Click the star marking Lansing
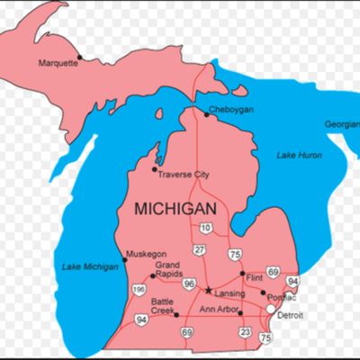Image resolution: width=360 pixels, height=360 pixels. (209, 291)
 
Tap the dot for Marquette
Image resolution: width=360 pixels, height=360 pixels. (79, 57)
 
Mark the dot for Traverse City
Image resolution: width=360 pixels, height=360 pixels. (154, 168)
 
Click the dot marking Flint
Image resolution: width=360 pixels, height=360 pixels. (242, 274)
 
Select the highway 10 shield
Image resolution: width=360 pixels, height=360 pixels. (206, 228)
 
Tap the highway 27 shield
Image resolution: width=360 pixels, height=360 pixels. (200, 249)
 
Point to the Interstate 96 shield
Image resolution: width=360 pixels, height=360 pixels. (190, 284)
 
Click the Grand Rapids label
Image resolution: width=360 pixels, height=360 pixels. (167, 271)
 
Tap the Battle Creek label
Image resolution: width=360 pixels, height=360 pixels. (163, 306)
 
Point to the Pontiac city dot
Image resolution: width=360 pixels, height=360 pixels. (264, 292)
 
